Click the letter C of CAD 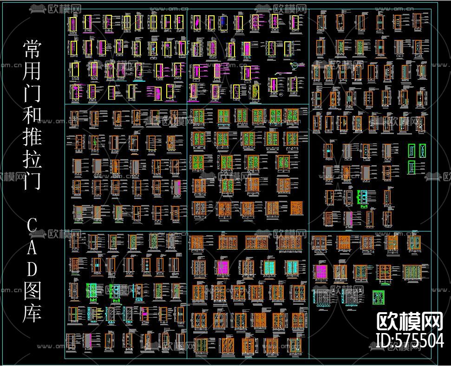tap(32, 226)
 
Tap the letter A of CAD tap(32, 248)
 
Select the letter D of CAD tap(32, 269)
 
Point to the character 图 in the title tap(32, 291)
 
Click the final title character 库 tap(32, 313)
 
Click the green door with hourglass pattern tap(412, 150)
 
